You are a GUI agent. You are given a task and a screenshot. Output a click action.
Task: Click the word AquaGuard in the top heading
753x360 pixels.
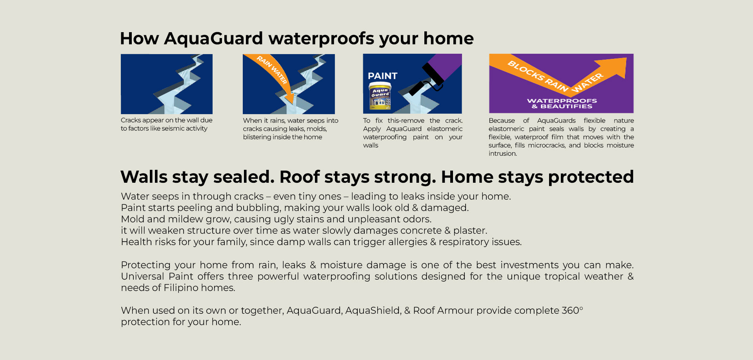point(213,39)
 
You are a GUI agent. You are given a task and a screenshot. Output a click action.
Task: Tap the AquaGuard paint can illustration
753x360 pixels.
point(380,96)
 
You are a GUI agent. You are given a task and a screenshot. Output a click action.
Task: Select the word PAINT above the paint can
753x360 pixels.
point(382,76)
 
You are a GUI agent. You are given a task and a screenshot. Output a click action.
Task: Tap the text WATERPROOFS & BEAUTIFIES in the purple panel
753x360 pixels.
point(562,104)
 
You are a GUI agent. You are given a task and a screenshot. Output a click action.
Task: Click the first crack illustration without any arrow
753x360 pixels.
point(167,84)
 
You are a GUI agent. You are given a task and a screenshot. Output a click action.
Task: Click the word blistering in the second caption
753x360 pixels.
point(256,137)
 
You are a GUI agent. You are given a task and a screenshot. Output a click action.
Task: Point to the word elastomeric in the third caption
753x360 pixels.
point(445,129)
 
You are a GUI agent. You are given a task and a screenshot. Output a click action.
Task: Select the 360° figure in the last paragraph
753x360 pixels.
point(572,311)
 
